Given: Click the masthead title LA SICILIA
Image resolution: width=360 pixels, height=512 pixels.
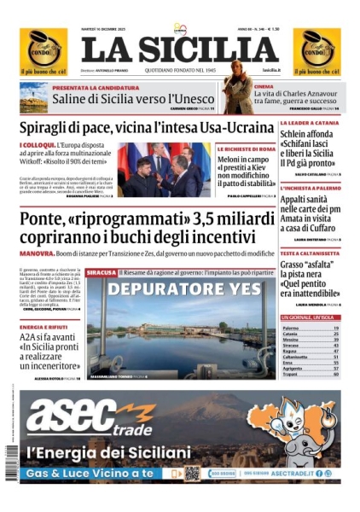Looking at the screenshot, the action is (x=179, y=48).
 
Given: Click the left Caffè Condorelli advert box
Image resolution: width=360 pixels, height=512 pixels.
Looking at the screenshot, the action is (x=43, y=49).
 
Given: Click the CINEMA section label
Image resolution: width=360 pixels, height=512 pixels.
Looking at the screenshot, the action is (x=264, y=87).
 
